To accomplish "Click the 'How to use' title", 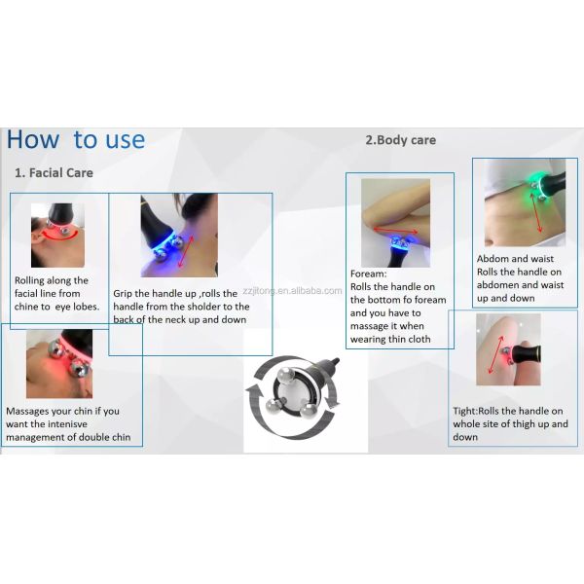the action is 76,139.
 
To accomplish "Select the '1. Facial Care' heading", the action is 54,173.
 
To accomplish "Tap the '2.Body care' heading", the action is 400,140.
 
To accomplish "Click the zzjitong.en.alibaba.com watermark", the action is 292,290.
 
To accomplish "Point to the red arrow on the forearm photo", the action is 395,230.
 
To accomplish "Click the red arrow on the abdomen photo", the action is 536,212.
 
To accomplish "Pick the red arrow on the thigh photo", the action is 495,354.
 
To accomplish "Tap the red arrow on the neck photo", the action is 186,251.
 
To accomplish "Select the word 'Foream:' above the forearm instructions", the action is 368,274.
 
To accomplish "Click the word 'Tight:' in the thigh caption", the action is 465,411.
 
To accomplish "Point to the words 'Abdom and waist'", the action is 515,259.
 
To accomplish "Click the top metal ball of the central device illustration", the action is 286,375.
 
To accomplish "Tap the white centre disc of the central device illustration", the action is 295,394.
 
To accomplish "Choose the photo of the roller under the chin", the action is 59,363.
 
